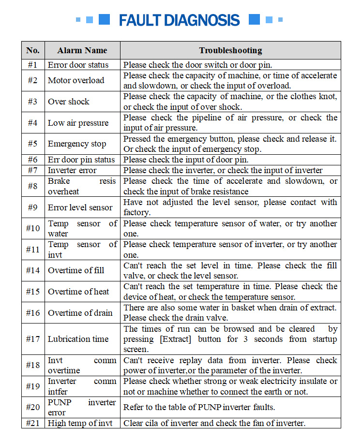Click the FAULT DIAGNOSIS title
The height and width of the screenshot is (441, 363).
coord(179,20)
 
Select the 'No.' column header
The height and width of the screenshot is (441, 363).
coord(33,50)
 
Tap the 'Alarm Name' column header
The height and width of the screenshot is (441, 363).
coord(82,50)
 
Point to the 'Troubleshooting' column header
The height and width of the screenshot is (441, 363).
coord(230,50)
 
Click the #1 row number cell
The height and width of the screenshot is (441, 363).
coord(33,65)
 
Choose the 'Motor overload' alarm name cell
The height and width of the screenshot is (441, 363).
coord(76,80)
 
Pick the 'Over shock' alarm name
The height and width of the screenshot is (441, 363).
coord(69,102)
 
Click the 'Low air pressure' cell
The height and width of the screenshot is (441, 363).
coord(78,123)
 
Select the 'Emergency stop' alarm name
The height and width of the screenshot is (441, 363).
coord(77,144)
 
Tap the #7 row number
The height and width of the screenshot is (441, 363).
coord(33,170)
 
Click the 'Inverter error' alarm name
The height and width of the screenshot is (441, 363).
coord(72,170)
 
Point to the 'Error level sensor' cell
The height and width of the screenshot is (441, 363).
coord(80,207)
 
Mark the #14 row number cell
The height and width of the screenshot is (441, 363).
coord(33,270)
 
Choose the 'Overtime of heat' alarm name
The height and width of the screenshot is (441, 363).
coord(78,292)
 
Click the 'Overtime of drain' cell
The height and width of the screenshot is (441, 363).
coord(80,313)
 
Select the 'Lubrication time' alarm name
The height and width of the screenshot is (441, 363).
coord(78,339)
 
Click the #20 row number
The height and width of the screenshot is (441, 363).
coord(33,407)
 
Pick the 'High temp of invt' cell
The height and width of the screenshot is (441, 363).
coord(80,423)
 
